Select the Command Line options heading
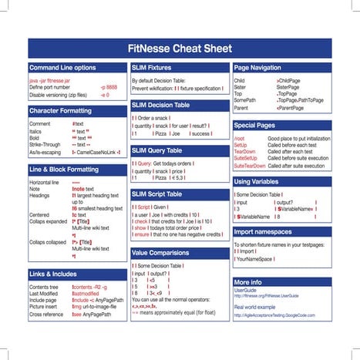tap(62, 68)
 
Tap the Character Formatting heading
tap(61, 111)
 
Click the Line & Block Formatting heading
tap(69, 169)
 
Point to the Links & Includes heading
tap(53, 274)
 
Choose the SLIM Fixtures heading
tap(152, 68)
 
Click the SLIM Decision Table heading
tap(160, 104)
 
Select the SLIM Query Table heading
tap(156, 150)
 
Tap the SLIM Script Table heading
tap(157, 193)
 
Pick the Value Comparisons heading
tap(161, 252)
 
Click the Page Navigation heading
tap(257, 68)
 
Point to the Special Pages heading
tap(254, 124)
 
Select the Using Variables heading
tap(257, 181)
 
